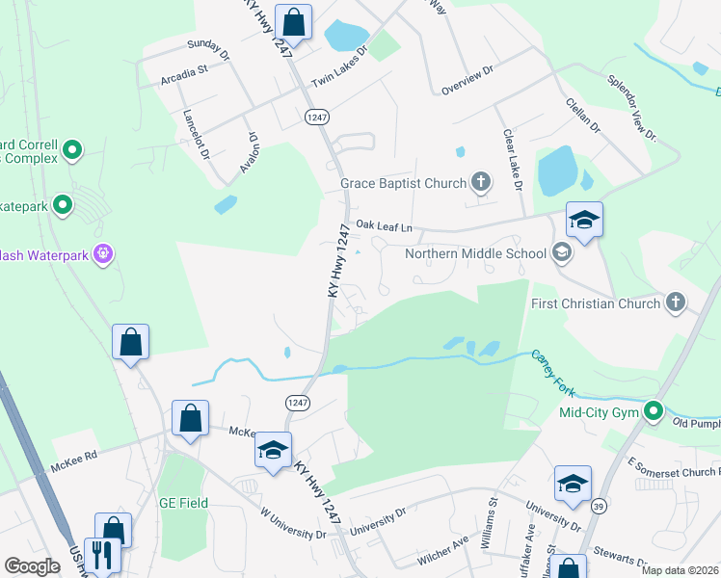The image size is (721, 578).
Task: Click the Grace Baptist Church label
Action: point(403,182)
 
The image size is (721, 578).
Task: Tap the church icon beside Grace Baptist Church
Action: point(480,181)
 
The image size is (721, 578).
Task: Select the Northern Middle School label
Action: point(475,254)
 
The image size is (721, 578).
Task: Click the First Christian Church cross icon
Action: point(676,302)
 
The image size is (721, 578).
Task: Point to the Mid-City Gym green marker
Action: point(654,412)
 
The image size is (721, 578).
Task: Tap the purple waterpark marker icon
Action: point(103,254)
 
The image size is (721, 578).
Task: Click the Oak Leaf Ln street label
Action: point(384,225)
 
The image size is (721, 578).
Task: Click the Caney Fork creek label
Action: point(556,372)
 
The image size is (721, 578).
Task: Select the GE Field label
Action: point(183,502)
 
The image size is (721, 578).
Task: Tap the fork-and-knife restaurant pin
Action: point(99,554)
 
